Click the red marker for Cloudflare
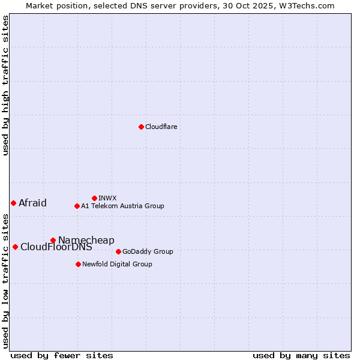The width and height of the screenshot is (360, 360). (x=141, y=127)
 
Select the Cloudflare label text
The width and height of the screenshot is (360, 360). (x=161, y=127)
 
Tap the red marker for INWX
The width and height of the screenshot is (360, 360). (x=94, y=198)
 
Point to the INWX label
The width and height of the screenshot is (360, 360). (x=107, y=198)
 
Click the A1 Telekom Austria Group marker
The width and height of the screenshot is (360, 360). (x=77, y=206)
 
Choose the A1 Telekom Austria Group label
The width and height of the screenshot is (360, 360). (x=122, y=206)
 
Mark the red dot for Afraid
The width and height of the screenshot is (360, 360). (x=13, y=203)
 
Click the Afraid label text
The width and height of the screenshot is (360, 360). (x=32, y=203)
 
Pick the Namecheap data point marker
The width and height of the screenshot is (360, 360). (x=53, y=240)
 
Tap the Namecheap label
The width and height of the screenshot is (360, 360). (x=86, y=240)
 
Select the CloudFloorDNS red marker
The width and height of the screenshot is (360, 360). (x=15, y=247)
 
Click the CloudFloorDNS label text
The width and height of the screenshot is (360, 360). (x=56, y=247)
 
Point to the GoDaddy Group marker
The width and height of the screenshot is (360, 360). (x=118, y=251)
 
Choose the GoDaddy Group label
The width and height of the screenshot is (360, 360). (x=148, y=251)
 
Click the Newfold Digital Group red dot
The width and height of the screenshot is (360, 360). (x=78, y=264)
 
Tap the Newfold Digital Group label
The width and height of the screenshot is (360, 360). (x=117, y=264)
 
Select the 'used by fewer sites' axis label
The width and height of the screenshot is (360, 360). (x=62, y=355)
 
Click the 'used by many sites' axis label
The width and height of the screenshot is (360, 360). (x=301, y=355)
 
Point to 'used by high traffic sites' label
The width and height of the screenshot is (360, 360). (x=5, y=85)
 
